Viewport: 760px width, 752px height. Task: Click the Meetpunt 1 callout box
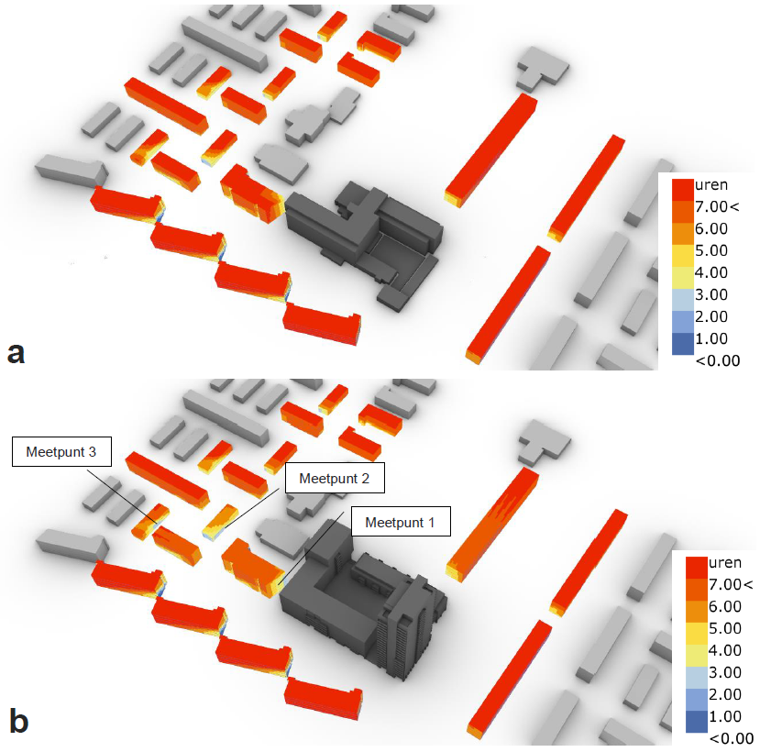[x=401, y=521]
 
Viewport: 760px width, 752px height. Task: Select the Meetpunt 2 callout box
[x=335, y=478]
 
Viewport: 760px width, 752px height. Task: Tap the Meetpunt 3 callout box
[x=61, y=451]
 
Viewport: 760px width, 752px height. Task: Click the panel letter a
[x=16, y=352]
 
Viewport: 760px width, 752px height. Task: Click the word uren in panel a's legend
[x=711, y=184]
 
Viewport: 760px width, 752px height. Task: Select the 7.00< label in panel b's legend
[x=731, y=584]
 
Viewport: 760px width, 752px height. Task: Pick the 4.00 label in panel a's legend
[x=711, y=272]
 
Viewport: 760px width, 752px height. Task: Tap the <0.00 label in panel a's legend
[x=718, y=360]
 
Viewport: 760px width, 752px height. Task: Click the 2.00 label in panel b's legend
[x=724, y=694]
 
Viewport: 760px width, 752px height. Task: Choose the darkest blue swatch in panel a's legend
[x=682, y=344]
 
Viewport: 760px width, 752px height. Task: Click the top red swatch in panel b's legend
[x=697, y=568]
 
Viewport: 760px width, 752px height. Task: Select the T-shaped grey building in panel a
[x=542, y=69]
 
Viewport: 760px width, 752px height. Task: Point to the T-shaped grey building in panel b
[x=544, y=442]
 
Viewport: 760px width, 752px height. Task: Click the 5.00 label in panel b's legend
[x=724, y=628]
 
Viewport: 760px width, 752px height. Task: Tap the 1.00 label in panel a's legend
[x=711, y=338]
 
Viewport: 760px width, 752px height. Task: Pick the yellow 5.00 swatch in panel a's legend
[x=682, y=256]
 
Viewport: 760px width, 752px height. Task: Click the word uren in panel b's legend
[x=724, y=562]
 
